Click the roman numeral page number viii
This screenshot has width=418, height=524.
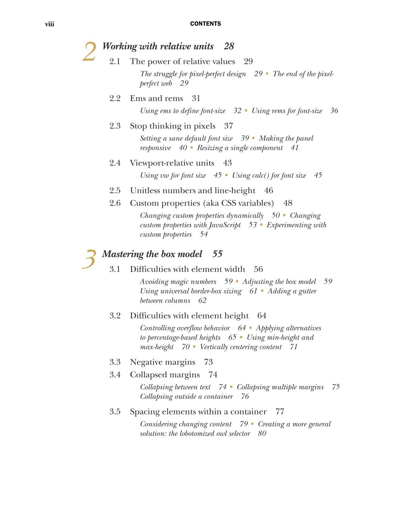click(x=50, y=25)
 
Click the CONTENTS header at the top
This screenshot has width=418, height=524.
click(x=205, y=24)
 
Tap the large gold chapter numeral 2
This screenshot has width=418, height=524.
click(x=90, y=52)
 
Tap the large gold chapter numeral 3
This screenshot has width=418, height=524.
click(x=89, y=259)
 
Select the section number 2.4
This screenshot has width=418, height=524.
click(x=115, y=163)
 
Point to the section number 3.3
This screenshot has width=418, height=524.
click(x=115, y=362)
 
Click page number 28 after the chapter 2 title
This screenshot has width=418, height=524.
click(x=229, y=46)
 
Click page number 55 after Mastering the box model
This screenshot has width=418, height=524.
click(x=217, y=254)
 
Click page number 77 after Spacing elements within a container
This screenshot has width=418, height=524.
click(x=280, y=411)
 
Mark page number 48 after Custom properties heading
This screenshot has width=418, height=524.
click(x=288, y=203)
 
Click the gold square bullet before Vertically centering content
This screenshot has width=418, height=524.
click(x=194, y=346)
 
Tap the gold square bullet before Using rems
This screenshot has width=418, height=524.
click(x=246, y=110)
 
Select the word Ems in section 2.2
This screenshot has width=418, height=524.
click(x=138, y=98)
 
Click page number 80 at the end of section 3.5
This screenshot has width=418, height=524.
click(x=262, y=433)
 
